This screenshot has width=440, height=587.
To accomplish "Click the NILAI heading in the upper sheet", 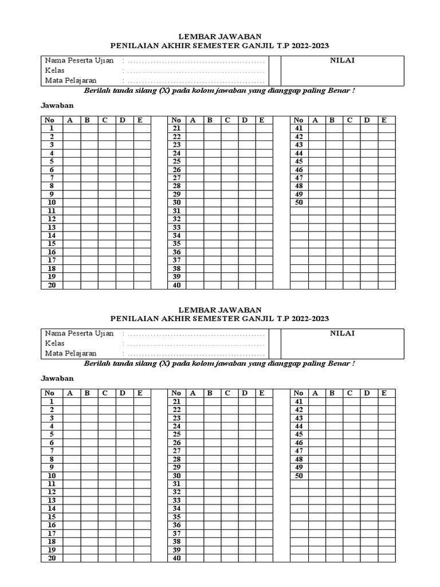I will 342,61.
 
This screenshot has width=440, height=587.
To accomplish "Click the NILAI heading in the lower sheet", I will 342,334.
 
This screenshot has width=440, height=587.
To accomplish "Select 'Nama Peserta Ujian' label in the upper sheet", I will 79,61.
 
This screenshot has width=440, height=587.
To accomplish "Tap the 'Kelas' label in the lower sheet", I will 55,343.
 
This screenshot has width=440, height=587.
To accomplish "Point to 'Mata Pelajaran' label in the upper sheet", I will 71,80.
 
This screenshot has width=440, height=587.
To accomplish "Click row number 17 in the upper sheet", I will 52,260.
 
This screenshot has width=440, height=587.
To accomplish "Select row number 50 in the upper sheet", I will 298,202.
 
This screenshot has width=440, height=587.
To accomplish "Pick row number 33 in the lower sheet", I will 176,500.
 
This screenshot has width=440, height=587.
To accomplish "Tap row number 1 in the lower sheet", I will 52,401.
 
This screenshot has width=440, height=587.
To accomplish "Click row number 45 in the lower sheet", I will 298,435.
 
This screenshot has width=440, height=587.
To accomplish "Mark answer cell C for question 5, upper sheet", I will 106,162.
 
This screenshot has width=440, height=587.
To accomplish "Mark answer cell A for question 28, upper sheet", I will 194,186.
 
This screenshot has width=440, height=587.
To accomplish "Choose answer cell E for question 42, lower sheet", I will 386,409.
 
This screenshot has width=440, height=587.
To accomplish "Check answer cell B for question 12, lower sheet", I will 89,492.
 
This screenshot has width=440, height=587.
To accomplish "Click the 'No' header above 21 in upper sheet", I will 176,120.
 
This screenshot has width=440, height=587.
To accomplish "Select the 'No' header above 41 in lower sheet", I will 298,393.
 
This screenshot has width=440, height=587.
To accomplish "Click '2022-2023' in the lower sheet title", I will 310,319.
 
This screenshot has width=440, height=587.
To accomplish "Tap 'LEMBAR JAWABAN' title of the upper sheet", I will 220,36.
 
